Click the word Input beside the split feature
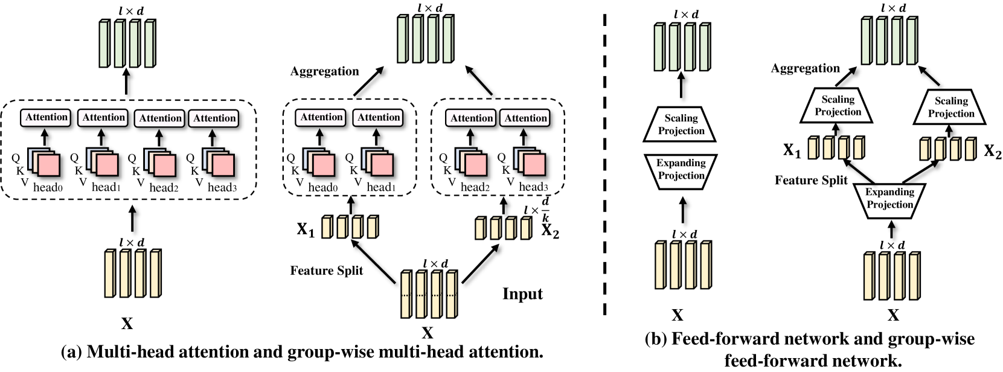(x=522, y=294)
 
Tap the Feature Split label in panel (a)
(x=326, y=271)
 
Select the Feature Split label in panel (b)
(x=811, y=180)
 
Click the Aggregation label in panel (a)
(x=324, y=71)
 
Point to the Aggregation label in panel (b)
(x=805, y=68)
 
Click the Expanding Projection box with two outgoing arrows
(x=889, y=199)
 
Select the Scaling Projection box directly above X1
(x=838, y=106)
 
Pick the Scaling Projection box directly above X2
(x=951, y=107)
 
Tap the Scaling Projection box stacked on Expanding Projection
(x=681, y=124)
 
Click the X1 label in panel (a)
(x=306, y=229)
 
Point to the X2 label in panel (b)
(x=992, y=151)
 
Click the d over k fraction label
(x=545, y=209)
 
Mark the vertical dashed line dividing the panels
(x=604, y=163)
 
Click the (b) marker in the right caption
(x=655, y=339)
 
